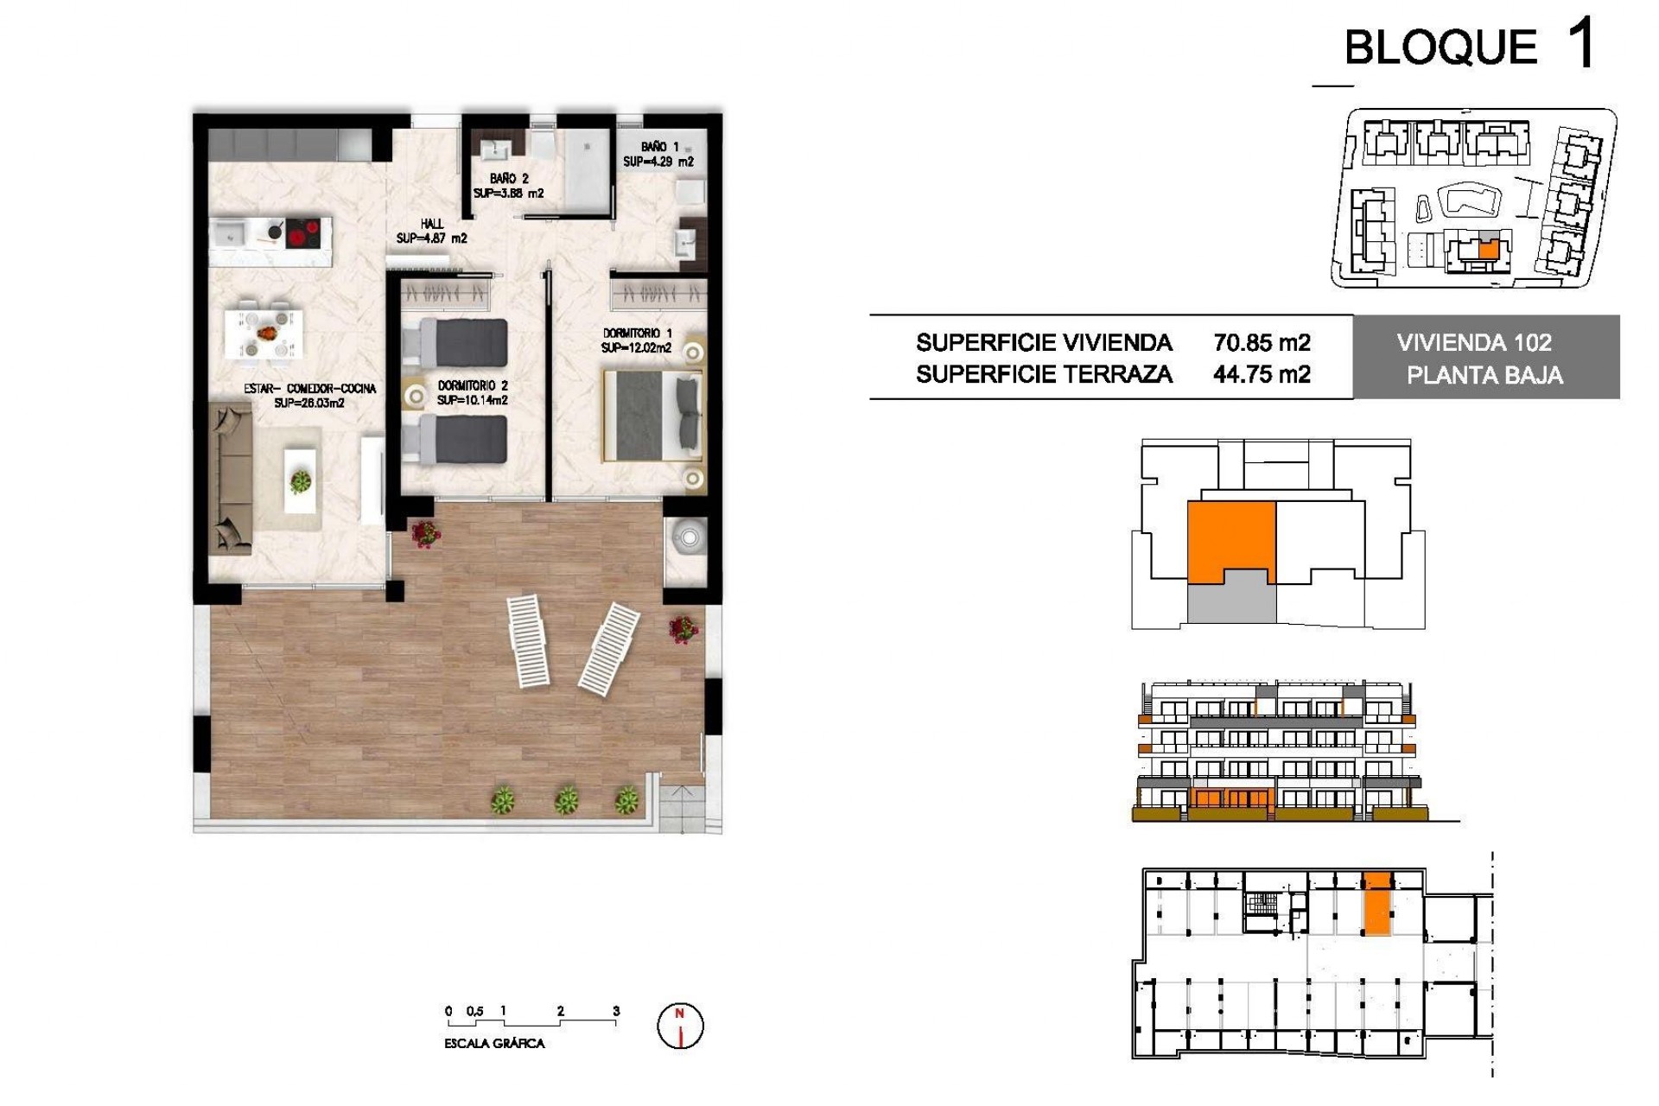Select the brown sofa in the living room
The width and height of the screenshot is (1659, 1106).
[x=230, y=480]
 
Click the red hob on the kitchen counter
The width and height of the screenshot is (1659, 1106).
[x=303, y=232]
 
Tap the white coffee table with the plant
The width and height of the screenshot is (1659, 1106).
[x=301, y=480]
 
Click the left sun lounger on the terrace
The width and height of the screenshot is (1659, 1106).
[x=528, y=640]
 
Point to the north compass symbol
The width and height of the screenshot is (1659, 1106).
[x=681, y=1026]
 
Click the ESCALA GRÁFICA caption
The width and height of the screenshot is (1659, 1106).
[x=494, y=1044]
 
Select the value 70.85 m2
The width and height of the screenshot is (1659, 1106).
[x=1262, y=343]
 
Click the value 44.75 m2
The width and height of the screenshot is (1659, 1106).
[x=1262, y=374]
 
